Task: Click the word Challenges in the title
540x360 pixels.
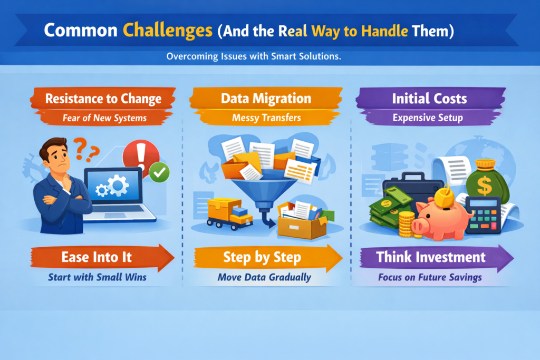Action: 167,30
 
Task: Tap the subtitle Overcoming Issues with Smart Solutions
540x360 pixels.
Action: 254,56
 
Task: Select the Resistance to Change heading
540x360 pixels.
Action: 103,99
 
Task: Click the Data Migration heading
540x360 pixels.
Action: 266,99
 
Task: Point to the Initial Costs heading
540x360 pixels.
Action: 429,99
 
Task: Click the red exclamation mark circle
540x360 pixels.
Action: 140,156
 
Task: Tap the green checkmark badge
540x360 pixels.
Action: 159,172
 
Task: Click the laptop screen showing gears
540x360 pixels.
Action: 114,186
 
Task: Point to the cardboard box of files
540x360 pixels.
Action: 302,220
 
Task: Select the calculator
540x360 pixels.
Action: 483,215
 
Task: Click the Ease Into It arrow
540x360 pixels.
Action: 102,257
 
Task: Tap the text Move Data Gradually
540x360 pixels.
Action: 264,277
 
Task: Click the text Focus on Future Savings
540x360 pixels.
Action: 430,277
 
